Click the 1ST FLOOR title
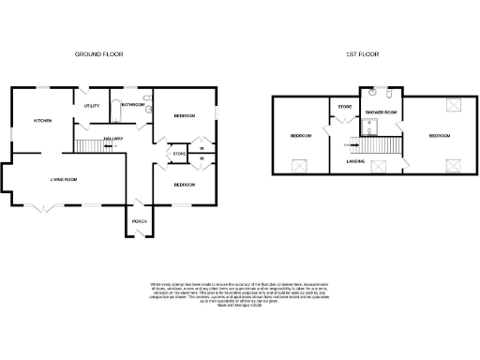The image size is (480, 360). (361, 54)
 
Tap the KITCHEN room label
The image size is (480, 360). (42, 121)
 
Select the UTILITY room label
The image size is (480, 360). (92, 106)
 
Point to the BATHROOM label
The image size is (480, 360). (133, 105)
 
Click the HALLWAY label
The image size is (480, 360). (113, 139)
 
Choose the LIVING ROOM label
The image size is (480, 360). (64, 178)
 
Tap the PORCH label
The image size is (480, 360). (140, 221)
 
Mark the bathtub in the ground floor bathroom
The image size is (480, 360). (132, 97)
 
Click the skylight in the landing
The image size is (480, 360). (380, 166)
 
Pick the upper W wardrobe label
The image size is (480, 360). (202, 146)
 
